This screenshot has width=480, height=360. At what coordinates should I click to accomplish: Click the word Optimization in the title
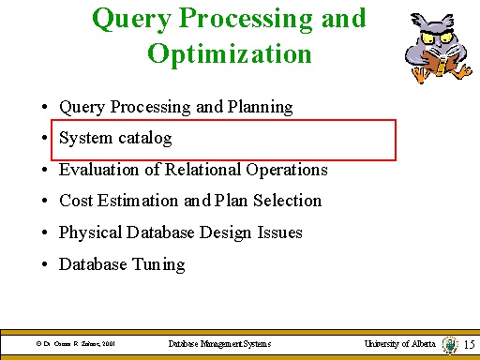[229, 53]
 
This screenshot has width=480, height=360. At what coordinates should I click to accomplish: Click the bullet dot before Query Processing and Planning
[45, 108]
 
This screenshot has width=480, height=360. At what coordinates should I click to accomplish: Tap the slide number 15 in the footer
[470, 345]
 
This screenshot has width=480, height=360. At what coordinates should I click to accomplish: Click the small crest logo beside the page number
[448, 345]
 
